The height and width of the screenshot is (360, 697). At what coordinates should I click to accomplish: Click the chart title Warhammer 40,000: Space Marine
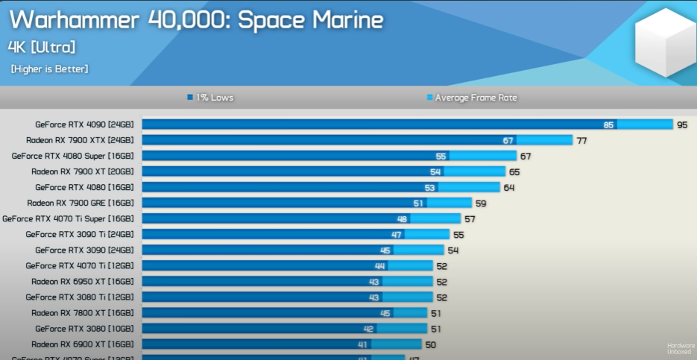(x=197, y=21)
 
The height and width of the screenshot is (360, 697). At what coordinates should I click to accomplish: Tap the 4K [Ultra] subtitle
(x=42, y=48)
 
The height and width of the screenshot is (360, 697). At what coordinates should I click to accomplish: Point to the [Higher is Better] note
(x=49, y=69)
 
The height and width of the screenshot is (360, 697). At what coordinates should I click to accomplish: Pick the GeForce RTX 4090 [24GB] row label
(x=84, y=124)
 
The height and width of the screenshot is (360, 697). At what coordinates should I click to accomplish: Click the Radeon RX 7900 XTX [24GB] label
(x=80, y=140)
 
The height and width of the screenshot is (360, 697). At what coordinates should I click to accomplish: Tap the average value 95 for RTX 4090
(x=682, y=124)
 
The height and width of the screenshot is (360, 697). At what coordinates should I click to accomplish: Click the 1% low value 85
(x=609, y=124)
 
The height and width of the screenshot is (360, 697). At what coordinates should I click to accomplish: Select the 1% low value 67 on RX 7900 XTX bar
(x=508, y=140)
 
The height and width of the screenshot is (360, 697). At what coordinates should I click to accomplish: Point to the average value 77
(x=581, y=140)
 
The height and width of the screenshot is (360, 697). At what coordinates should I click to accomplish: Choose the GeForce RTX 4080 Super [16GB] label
(x=73, y=156)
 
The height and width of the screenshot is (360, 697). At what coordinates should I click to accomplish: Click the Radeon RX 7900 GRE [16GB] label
(x=81, y=203)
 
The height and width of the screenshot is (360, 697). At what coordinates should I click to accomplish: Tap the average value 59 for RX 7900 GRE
(x=481, y=203)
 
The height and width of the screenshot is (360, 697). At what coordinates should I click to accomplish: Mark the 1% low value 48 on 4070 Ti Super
(x=402, y=218)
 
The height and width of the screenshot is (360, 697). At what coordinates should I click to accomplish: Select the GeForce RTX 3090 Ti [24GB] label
(x=80, y=234)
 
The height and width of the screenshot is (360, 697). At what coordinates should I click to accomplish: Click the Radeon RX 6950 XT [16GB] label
(x=83, y=282)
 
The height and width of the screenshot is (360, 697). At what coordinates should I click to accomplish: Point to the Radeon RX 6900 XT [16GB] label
(x=83, y=344)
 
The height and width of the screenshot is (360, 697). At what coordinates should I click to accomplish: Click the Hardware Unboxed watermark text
(x=679, y=348)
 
